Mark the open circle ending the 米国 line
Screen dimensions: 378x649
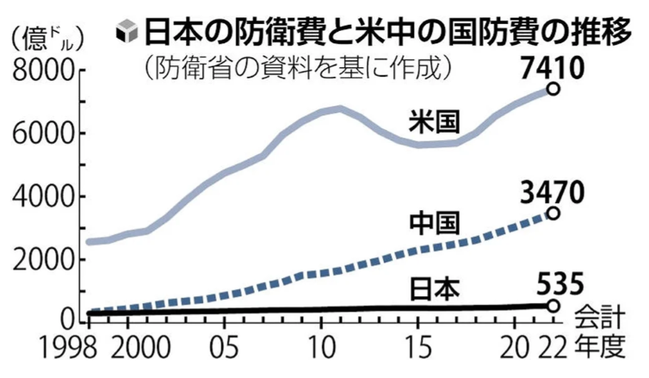(553, 89)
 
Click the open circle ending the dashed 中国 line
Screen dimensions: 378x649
(553, 213)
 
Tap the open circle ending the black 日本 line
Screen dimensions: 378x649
(553, 306)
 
